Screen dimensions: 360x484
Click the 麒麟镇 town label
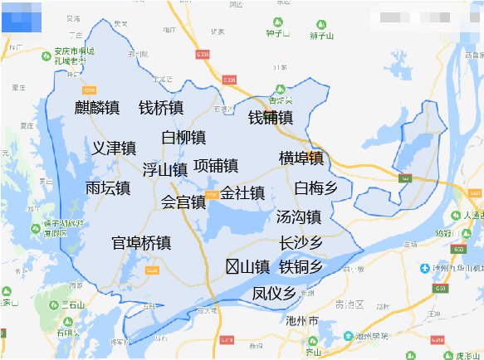[96, 108]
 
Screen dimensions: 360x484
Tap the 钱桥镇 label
[161, 108]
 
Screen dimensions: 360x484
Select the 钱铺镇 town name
[271, 118]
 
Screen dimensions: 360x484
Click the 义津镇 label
[114, 148]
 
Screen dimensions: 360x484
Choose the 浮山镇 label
[164, 170]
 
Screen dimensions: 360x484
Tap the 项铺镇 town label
[216, 165]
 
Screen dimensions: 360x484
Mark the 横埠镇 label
[301, 158]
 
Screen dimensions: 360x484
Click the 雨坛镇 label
[107, 188]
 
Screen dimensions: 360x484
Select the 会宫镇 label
[183, 202]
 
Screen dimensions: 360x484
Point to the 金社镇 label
[242, 193]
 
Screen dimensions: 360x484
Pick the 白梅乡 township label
[316, 188]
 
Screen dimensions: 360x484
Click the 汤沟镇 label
[299, 217]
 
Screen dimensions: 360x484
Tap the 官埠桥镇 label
[141, 243]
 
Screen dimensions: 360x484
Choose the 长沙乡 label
[301, 243]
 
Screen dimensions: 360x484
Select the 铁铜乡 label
[301, 266]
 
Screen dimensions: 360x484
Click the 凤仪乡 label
[274, 293]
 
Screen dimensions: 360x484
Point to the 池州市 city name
[301, 319]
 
